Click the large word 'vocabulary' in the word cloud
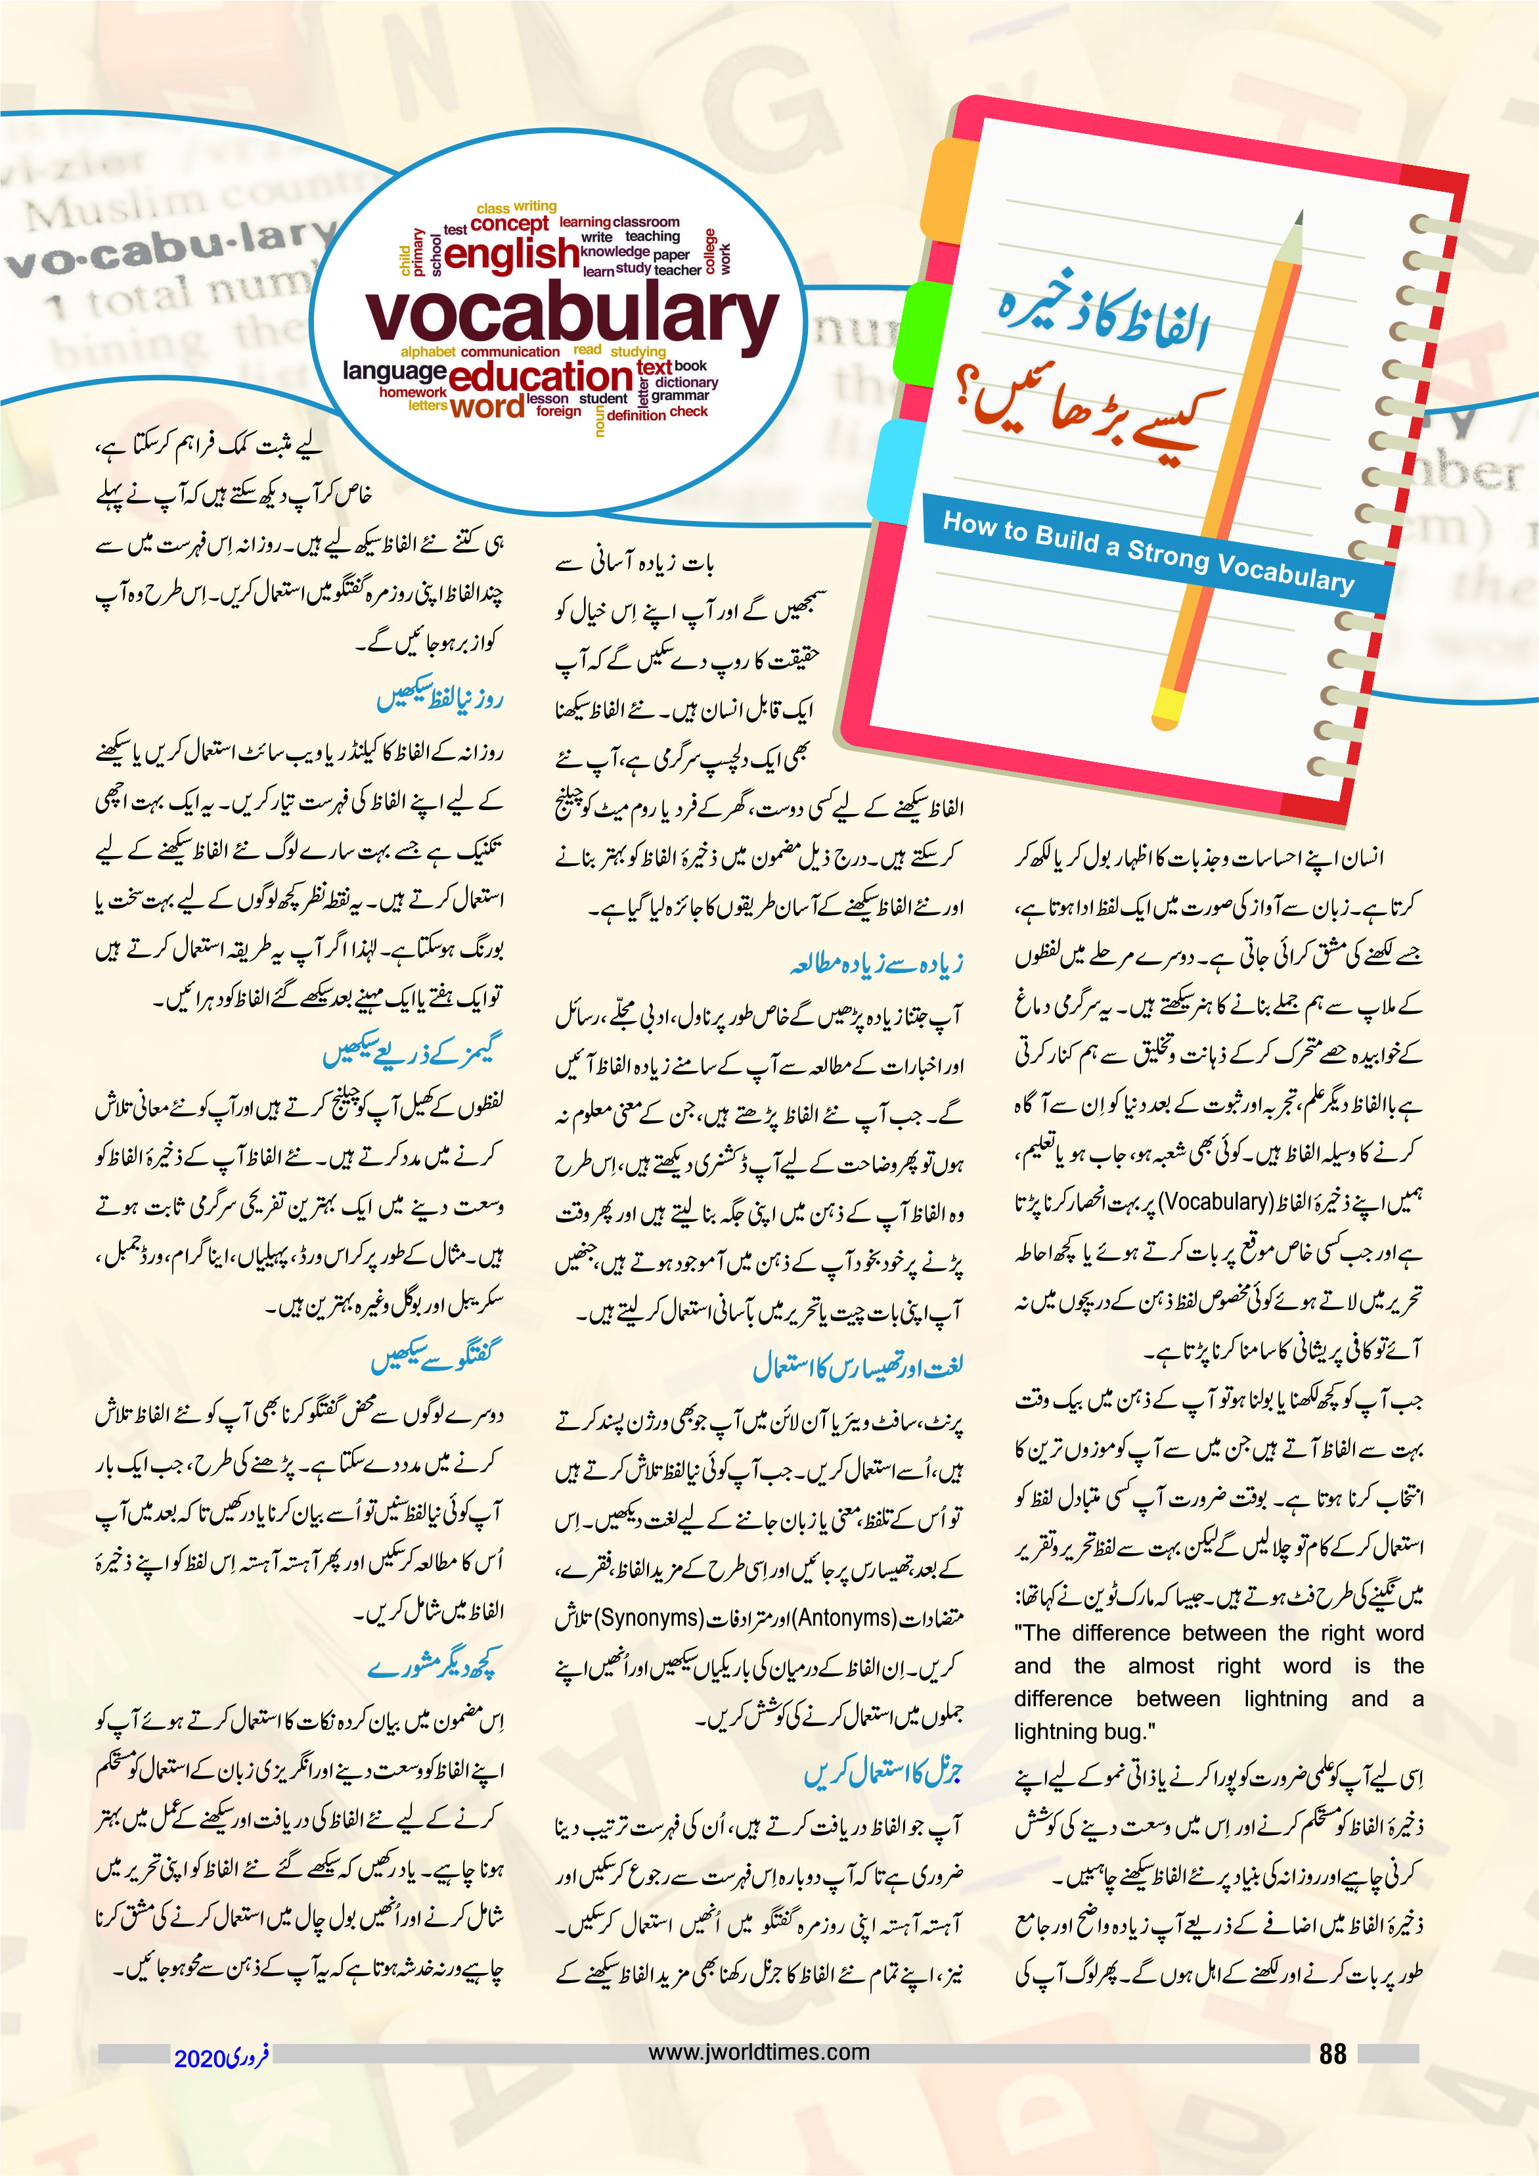[x=571, y=315]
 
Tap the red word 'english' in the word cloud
[x=511, y=254]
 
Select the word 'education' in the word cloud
[x=540, y=376]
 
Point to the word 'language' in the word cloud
[x=394, y=371]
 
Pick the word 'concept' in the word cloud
[x=509, y=223]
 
